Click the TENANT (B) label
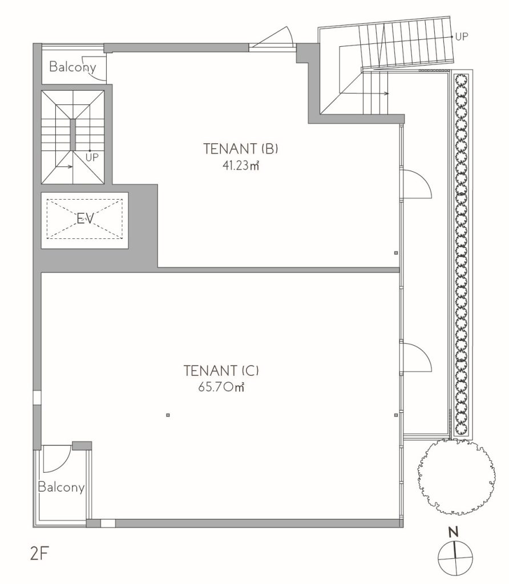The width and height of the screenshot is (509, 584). coord(241,149)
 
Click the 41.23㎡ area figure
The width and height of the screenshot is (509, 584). coord(241,165)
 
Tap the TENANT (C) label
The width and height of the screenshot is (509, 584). coord(221,371)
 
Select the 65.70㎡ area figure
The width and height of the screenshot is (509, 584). coord(221,387)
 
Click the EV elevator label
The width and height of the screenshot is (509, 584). coord(85,218)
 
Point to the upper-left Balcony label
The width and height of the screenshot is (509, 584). coord(72,67)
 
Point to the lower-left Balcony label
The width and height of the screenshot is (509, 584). coord(61,487)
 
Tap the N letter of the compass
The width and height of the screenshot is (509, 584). coord(453,533)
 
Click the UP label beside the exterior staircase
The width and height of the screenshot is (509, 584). coord(461,36)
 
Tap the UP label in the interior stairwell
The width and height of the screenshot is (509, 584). coord(92,157)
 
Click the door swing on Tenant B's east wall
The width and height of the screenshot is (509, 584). coord(415,183)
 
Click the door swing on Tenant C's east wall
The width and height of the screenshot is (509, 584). coord(415,357)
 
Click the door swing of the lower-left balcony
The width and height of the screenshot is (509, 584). coord(57,459)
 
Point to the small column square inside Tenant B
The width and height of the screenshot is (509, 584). coord(395,253)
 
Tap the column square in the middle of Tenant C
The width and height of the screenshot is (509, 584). coord(168,415)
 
